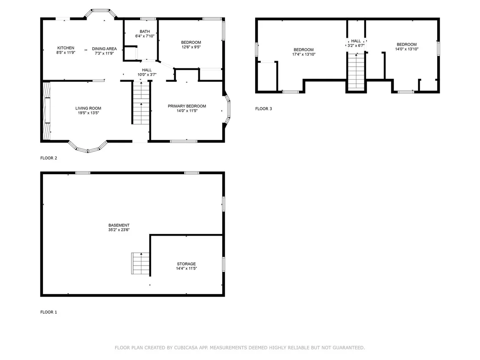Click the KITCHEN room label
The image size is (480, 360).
[x=66, y=48]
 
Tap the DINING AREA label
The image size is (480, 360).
[x=104, y=49]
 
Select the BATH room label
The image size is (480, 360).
[x=145, y=31]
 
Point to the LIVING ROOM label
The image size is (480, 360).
[x=88, y=108]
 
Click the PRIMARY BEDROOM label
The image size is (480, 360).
[x=187, y=106]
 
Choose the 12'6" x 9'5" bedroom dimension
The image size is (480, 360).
[x=191, y=47]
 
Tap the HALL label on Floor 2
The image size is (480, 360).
[x=147, y=70]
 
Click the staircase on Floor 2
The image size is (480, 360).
[x=141, y=103]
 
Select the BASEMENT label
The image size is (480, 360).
[x=119, y=225]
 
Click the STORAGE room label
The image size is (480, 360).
[x=186, y=263]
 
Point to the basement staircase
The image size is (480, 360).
[x=140, y=263]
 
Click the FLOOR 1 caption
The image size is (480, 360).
[x=49, y=312]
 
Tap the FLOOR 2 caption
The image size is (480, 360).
[x=49, y=158]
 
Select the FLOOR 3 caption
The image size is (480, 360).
[x=263, y=109]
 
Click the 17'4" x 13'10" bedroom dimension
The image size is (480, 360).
[x=304, y=55]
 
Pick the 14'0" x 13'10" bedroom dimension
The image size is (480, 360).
[x=406, y=49]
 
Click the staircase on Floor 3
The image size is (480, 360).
[x=357, y=71]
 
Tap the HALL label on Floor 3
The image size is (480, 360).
[x=356, y=41]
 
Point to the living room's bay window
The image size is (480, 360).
[x=88, y=148]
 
